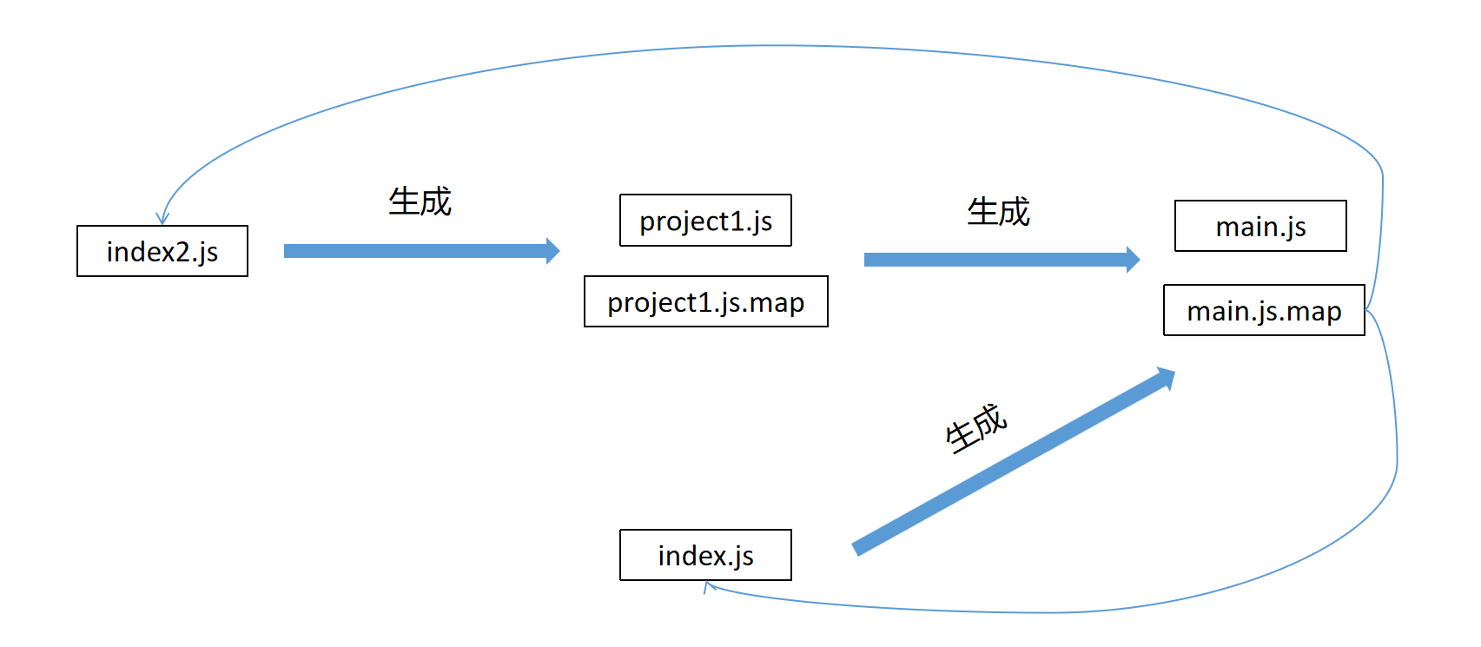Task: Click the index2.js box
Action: point(162,251)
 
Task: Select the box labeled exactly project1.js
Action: point(705,221)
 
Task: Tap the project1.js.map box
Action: point(705,301)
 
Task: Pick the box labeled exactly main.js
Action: point(1260,226)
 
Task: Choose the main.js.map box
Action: point(1264,310)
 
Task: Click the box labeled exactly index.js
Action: point(705,555)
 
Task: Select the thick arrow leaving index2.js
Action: point(417,251)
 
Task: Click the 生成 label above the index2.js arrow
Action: point(420,201)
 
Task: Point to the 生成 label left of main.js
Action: point(998,212)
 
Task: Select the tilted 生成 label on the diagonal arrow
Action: point(975,428)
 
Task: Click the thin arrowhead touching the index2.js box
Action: point(162,219)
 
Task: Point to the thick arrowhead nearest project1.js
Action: point(552,251)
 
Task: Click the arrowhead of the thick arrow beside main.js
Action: point(1133,260)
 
